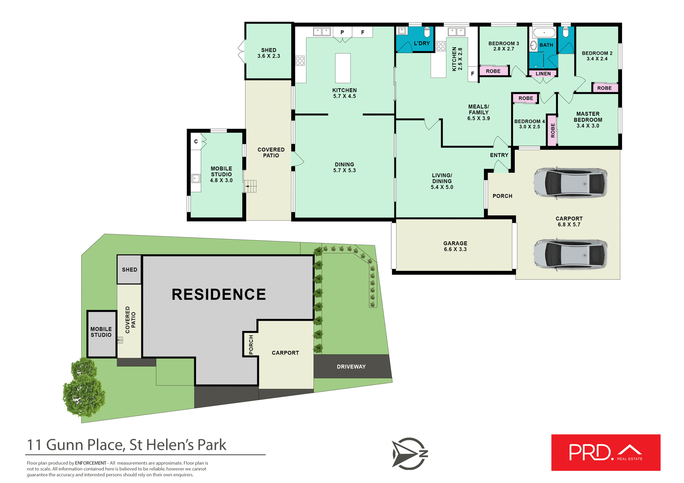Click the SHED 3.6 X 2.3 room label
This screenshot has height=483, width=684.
(269, 53)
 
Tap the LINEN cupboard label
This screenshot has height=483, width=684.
(543, 74)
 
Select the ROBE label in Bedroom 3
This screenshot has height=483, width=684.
(493, 71)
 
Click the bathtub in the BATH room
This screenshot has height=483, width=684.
(544, 33)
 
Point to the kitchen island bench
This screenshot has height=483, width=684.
(343, 68)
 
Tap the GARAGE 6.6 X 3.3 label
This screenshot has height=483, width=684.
(455, 246)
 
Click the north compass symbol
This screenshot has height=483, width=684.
(410, 453)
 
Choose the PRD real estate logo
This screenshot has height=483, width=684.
(606, 452)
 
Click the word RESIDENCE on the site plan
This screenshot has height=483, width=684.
(219, 294)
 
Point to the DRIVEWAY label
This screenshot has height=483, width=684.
(351, 367)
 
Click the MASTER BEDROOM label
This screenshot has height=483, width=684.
(588, 120)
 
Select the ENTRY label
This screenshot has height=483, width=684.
(499, 155)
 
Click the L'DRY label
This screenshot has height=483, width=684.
(422, 43)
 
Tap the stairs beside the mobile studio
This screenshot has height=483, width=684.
(250, 186)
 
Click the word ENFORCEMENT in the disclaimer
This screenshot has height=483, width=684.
(90, 463)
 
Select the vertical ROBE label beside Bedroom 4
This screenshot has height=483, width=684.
(553, 130)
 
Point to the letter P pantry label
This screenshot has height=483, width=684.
(342, 32)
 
